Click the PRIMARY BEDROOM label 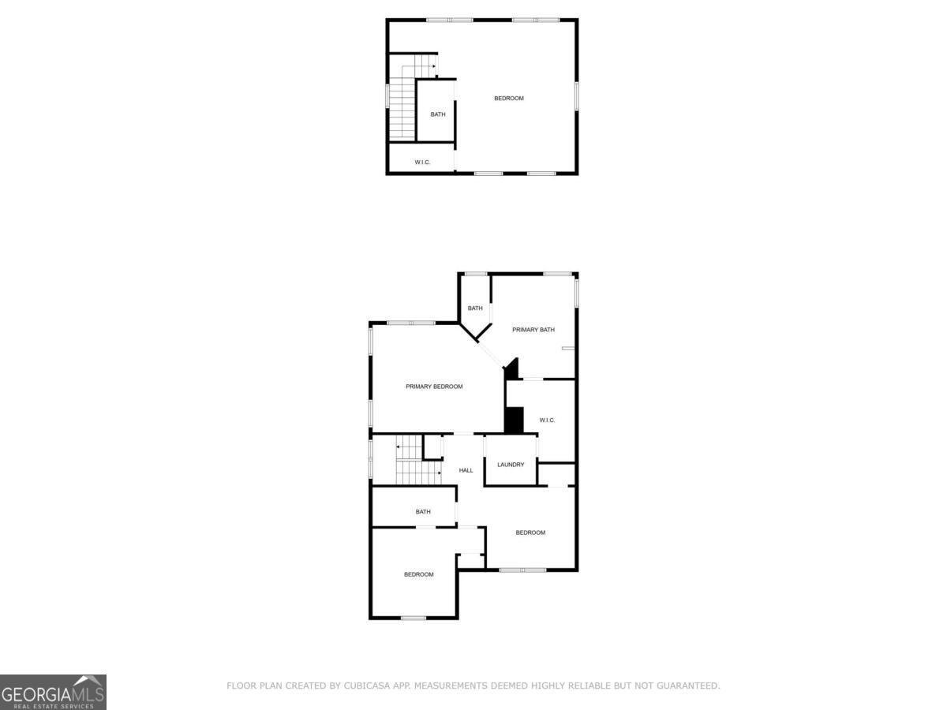tap(434, 387)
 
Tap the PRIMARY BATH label tap(533, 330)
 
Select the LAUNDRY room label tap(511, 465)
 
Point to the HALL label tap(466, 470)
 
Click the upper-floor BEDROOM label tap(509, 99)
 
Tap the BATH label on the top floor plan tap(437, 114)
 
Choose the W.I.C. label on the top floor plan tap(422, 163)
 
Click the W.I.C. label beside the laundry tap(548, 420)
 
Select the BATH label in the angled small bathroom tap(474, 308)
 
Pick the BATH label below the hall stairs tap(423, 512)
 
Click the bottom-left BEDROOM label tap(419, 574)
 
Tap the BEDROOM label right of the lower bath tap(530, 532)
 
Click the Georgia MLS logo tap(53, 692)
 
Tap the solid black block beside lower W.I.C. tap(514, 420)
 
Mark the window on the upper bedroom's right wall tap(577, 95)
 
